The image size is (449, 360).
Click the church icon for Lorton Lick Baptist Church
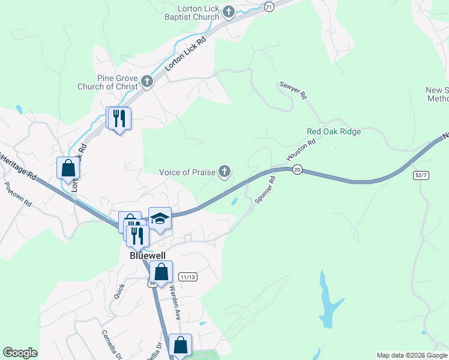pyautogui.click(x=229, y=11)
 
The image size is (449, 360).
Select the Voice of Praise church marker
pyautogui.click(x=224, y=173)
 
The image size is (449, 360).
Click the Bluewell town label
pyautogui.click(x=147, y=255)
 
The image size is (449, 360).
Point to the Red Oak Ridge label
pyautogui.click(x=334, y=131)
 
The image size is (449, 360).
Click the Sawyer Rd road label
pyautogui.click(x=294, y=91)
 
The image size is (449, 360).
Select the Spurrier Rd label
pyautogui.click(x=265, y=189)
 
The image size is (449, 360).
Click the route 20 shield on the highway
pyautogui.click(x=297, y=171)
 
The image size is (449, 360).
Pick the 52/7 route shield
pyautogui.click(x=421, y=175)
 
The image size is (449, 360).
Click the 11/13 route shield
pyautogui.click(x=187, y=277)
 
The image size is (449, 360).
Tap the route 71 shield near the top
pyautogui.click(x=268, y=6)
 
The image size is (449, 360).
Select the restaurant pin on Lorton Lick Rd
pyautogui.click(x=118, y=118)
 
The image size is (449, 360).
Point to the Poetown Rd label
pyautogui.click(x=18, y=195)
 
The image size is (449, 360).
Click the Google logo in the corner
pyautogui.click(x=20, y=353)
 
